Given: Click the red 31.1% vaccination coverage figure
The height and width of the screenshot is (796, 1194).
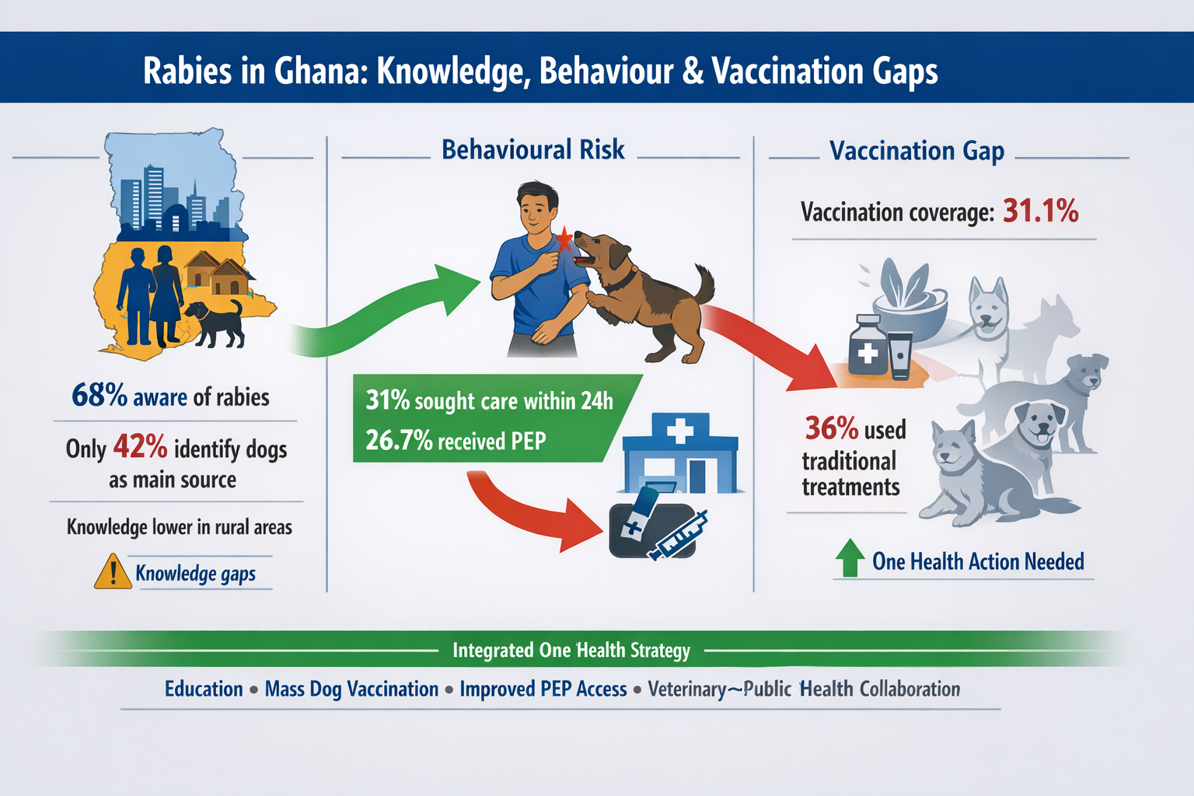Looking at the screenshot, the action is [1041, 211].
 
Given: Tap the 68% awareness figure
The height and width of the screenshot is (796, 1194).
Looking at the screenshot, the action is [99, 396].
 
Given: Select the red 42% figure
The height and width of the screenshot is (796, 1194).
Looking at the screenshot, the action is [140, 447].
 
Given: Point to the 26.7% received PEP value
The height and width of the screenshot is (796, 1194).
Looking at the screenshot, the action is [399, 441].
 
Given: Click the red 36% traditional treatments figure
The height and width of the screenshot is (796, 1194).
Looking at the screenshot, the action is [832, 428].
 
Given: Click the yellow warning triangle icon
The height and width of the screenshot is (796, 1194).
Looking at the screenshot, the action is [113, 572].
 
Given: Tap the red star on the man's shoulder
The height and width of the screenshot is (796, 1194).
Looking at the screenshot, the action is [564, 239].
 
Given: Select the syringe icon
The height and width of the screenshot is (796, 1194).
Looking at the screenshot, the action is [677, 536].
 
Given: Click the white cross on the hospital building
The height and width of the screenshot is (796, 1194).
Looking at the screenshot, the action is [680, 430].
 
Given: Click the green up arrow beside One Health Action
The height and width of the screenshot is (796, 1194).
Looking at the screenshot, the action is [850, 557].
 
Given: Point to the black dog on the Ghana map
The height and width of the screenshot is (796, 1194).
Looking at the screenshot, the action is [215, 323].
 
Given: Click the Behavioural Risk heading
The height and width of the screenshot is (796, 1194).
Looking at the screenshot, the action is [533, 150].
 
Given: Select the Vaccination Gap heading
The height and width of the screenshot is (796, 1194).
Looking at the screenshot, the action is [916, 151].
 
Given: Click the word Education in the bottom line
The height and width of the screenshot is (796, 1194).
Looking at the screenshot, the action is [204, 689].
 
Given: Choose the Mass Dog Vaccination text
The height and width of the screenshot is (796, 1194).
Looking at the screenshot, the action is [352, 690].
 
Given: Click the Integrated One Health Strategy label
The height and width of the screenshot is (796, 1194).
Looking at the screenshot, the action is [571, 651].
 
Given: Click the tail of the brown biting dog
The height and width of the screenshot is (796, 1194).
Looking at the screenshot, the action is [705, 284].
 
